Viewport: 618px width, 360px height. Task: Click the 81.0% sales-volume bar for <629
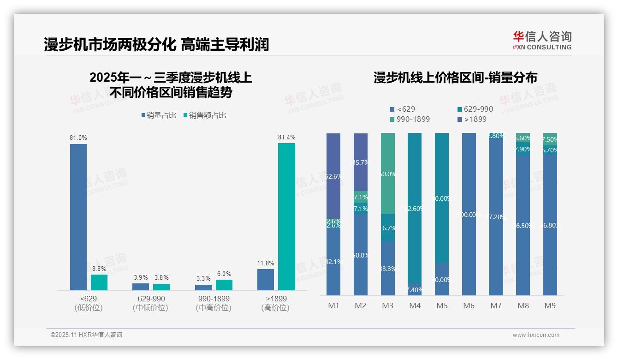click(78, 217)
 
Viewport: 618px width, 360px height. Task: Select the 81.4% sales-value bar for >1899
click(286, 216)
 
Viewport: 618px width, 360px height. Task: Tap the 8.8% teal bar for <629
click(99, 282)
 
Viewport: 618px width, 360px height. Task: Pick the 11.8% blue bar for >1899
click(266, 280)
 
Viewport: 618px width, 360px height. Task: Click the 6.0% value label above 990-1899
click(224, 274)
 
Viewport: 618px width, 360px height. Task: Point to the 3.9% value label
click(141, 278)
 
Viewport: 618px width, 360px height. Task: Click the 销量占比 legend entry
click(159, 115)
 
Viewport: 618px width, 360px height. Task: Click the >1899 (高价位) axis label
click(275, 303)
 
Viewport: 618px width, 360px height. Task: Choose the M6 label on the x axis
click(469, 306)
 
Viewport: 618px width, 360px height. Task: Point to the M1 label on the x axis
click(333, 306)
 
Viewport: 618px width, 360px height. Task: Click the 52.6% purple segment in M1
click(333, 175)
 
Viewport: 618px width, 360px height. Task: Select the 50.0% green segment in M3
click(388, 174)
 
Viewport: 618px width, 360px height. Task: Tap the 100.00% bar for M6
click(469, 214)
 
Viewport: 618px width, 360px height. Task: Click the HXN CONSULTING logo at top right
click(542, 41)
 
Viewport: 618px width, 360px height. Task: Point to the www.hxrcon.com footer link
click(536, 335)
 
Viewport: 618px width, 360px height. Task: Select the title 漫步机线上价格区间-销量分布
click(455, 78)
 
